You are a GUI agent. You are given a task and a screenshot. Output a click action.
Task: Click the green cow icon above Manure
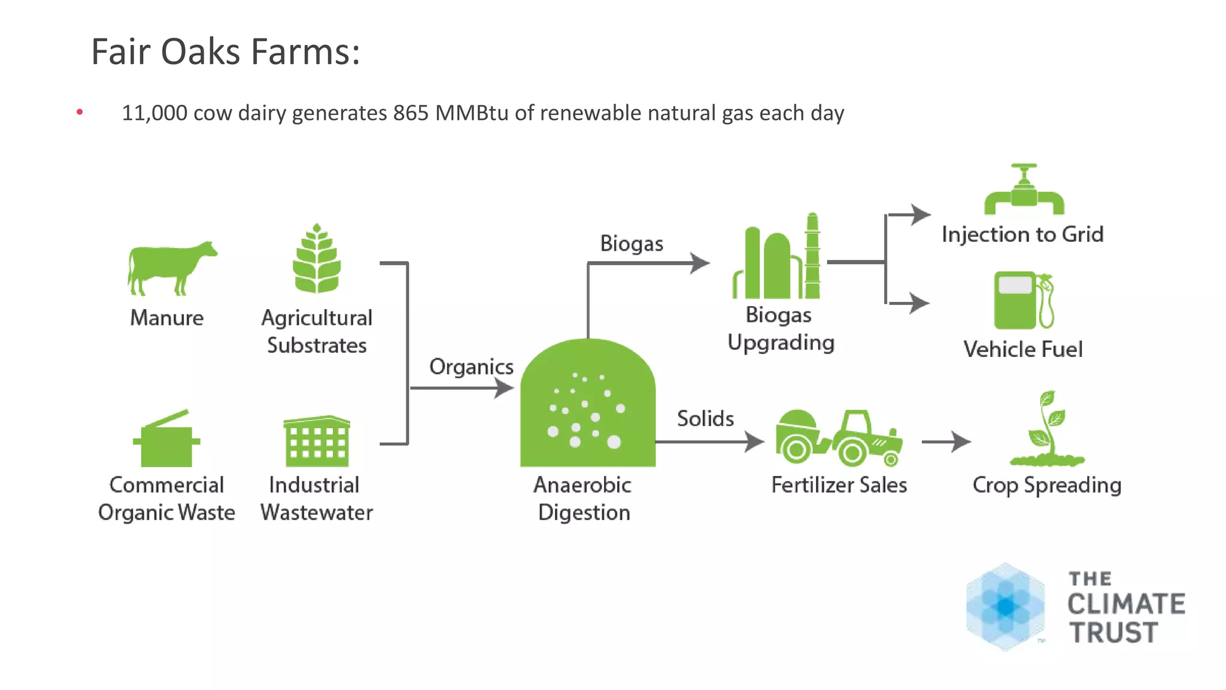[x=171, y=268]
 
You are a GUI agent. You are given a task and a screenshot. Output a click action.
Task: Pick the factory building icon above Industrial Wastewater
[x=317, y=441]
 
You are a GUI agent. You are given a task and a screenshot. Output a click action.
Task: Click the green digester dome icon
[x=588, y=404]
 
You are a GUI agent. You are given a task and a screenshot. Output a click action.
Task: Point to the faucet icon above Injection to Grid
[x=1024, y=190]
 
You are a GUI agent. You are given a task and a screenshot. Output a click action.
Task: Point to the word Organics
[x=471, y=367]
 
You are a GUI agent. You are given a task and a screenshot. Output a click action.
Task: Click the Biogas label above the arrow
[x=632, y=244]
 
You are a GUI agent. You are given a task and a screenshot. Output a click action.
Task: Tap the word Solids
[x=705, y=419]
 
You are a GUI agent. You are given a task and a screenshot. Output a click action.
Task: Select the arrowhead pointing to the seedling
[x=961, y=442]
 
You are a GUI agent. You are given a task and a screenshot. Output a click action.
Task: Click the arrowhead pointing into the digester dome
[x=504, y=388]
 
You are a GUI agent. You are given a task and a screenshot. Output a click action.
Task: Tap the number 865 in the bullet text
[x=411, y=113]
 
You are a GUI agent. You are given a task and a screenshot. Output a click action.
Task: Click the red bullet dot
[x=80, y=112]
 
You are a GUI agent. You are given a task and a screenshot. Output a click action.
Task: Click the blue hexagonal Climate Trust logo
[x=1005, y=606]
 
